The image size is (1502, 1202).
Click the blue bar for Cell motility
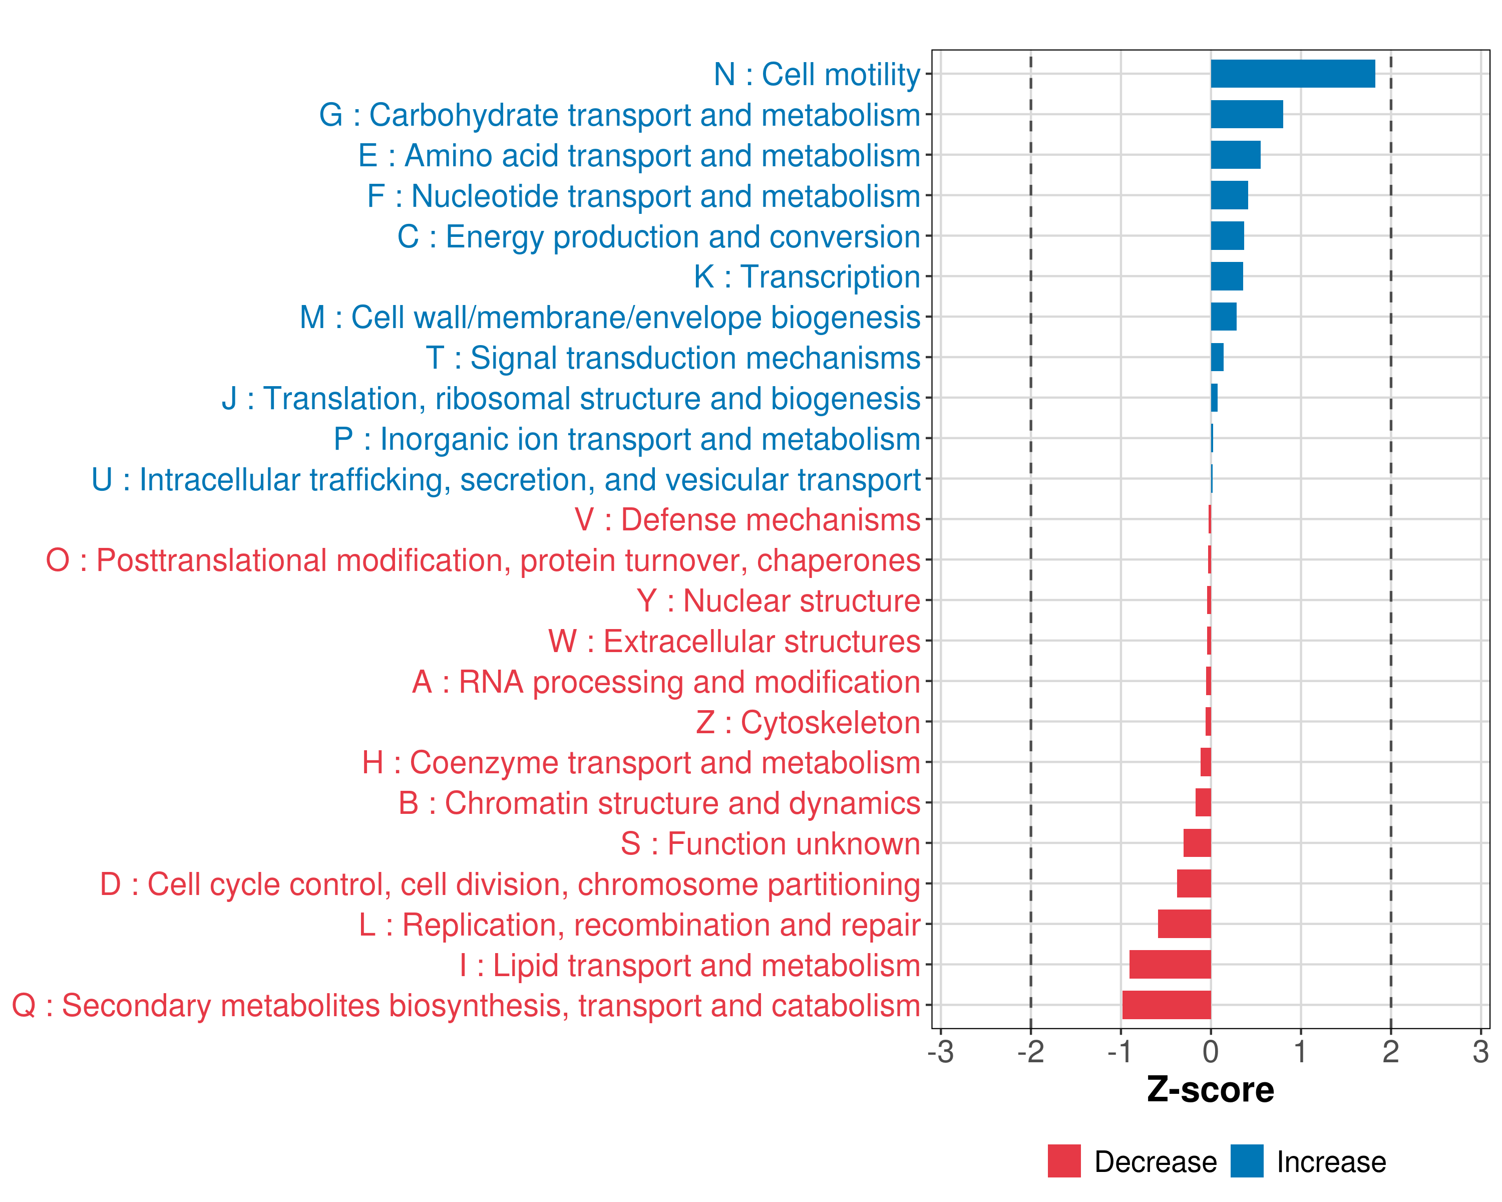[1292, 74]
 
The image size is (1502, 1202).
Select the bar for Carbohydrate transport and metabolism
[1246, 114]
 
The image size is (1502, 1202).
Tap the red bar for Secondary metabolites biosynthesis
[1166, 1005]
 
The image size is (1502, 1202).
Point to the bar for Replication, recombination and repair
[1184, 924]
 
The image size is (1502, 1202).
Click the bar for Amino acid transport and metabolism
[1235, 155]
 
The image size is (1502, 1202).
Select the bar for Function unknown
[1197, 843]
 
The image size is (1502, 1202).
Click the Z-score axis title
[1210, 1090]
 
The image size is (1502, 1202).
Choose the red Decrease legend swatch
[1064, 1161]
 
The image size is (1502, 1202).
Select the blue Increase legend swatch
[1246, 1161]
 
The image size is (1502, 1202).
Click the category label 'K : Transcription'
[807, 276]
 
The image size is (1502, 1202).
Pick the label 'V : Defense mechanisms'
[747, 520]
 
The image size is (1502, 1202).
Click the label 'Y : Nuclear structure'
[778, 600]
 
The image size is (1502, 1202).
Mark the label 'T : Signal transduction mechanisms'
[673, 358]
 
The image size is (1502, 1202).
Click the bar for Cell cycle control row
[1194, 883]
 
